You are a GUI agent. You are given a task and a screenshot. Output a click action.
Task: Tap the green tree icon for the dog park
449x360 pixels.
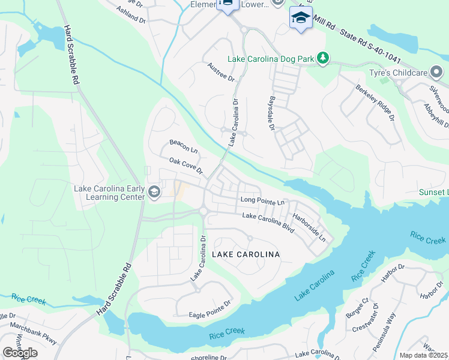pos(324,58)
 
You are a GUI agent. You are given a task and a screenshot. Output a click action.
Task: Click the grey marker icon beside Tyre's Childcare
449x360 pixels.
pos(437,73)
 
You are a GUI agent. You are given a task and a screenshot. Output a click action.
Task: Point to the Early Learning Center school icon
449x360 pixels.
pos(154,192)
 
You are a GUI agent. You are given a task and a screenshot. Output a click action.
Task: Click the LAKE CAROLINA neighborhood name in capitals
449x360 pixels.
pos(246,255)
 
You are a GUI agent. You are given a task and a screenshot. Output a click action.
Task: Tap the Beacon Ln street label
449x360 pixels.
pos(183,145)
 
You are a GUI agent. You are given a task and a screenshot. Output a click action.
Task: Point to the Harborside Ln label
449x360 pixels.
pos(309,228)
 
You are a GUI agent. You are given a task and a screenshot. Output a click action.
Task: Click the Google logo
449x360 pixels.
pos(20,353)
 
